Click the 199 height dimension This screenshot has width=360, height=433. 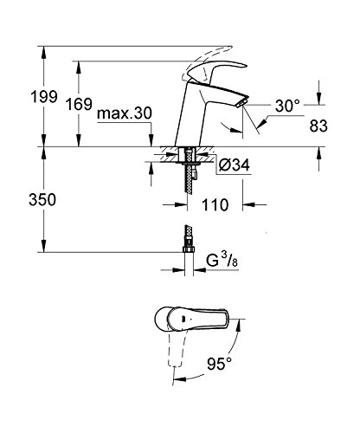(44, 97)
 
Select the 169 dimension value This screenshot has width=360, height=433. (79, 104)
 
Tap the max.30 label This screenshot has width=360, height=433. (125, 113)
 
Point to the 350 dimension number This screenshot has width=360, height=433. (42, 199)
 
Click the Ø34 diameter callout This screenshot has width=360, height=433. (234, 165)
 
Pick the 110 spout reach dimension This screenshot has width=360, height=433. (215, 205)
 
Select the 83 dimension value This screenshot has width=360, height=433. (318, 126)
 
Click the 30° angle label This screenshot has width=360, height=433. (287, 106)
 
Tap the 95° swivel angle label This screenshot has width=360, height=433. (220, 364)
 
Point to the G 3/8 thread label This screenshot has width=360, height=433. (222, 261)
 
